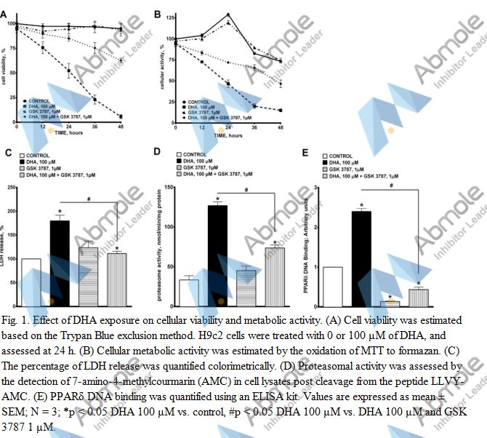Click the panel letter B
pos(158,13)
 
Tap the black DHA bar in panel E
pos(361,258)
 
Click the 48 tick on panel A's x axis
pos(120,128)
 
